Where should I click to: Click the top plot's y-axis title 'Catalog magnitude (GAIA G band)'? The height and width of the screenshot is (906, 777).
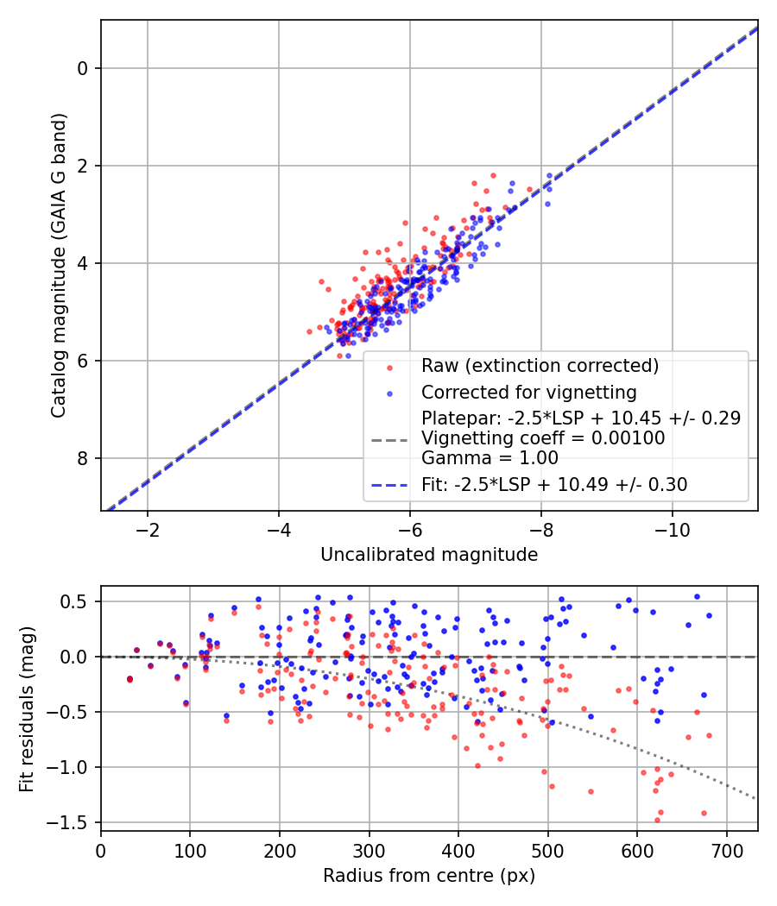pyautogui.click(x=58, y=265)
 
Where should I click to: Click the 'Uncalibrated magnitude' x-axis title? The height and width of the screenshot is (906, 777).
pyautogui.click(x=429, y=554)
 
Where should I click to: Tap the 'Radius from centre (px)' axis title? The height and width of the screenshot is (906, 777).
pyautogui.click(x=429, y=876)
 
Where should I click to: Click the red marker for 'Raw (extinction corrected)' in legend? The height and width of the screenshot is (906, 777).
pyautogui.click(x=388, y=367)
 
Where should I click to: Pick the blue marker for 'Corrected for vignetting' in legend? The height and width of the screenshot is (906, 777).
pyautogui.click(x=388, y=393)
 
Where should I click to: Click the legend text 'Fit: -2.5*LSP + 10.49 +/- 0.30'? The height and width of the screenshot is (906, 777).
pyautogui.click(x=554, y=485)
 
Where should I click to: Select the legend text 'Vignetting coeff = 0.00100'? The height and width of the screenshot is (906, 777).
pyautogui.click(x=543, y=438)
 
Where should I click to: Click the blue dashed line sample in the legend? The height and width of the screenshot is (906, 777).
pyautogui.click(x=388, y=485)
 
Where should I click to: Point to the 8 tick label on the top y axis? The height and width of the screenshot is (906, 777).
pyautogui.click(x=84, y=458)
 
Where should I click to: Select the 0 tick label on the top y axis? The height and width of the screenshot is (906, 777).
pyautogui.click(x=84, y=68)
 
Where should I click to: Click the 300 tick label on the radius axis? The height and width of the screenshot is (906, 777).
pyautogui.click(x=370, y=849)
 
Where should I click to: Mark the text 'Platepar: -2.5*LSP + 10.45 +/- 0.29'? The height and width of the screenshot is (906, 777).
pyautogui.click(x=581, y=418)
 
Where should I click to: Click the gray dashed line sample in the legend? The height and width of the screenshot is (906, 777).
pyautogui.click(x=388, y=439)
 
